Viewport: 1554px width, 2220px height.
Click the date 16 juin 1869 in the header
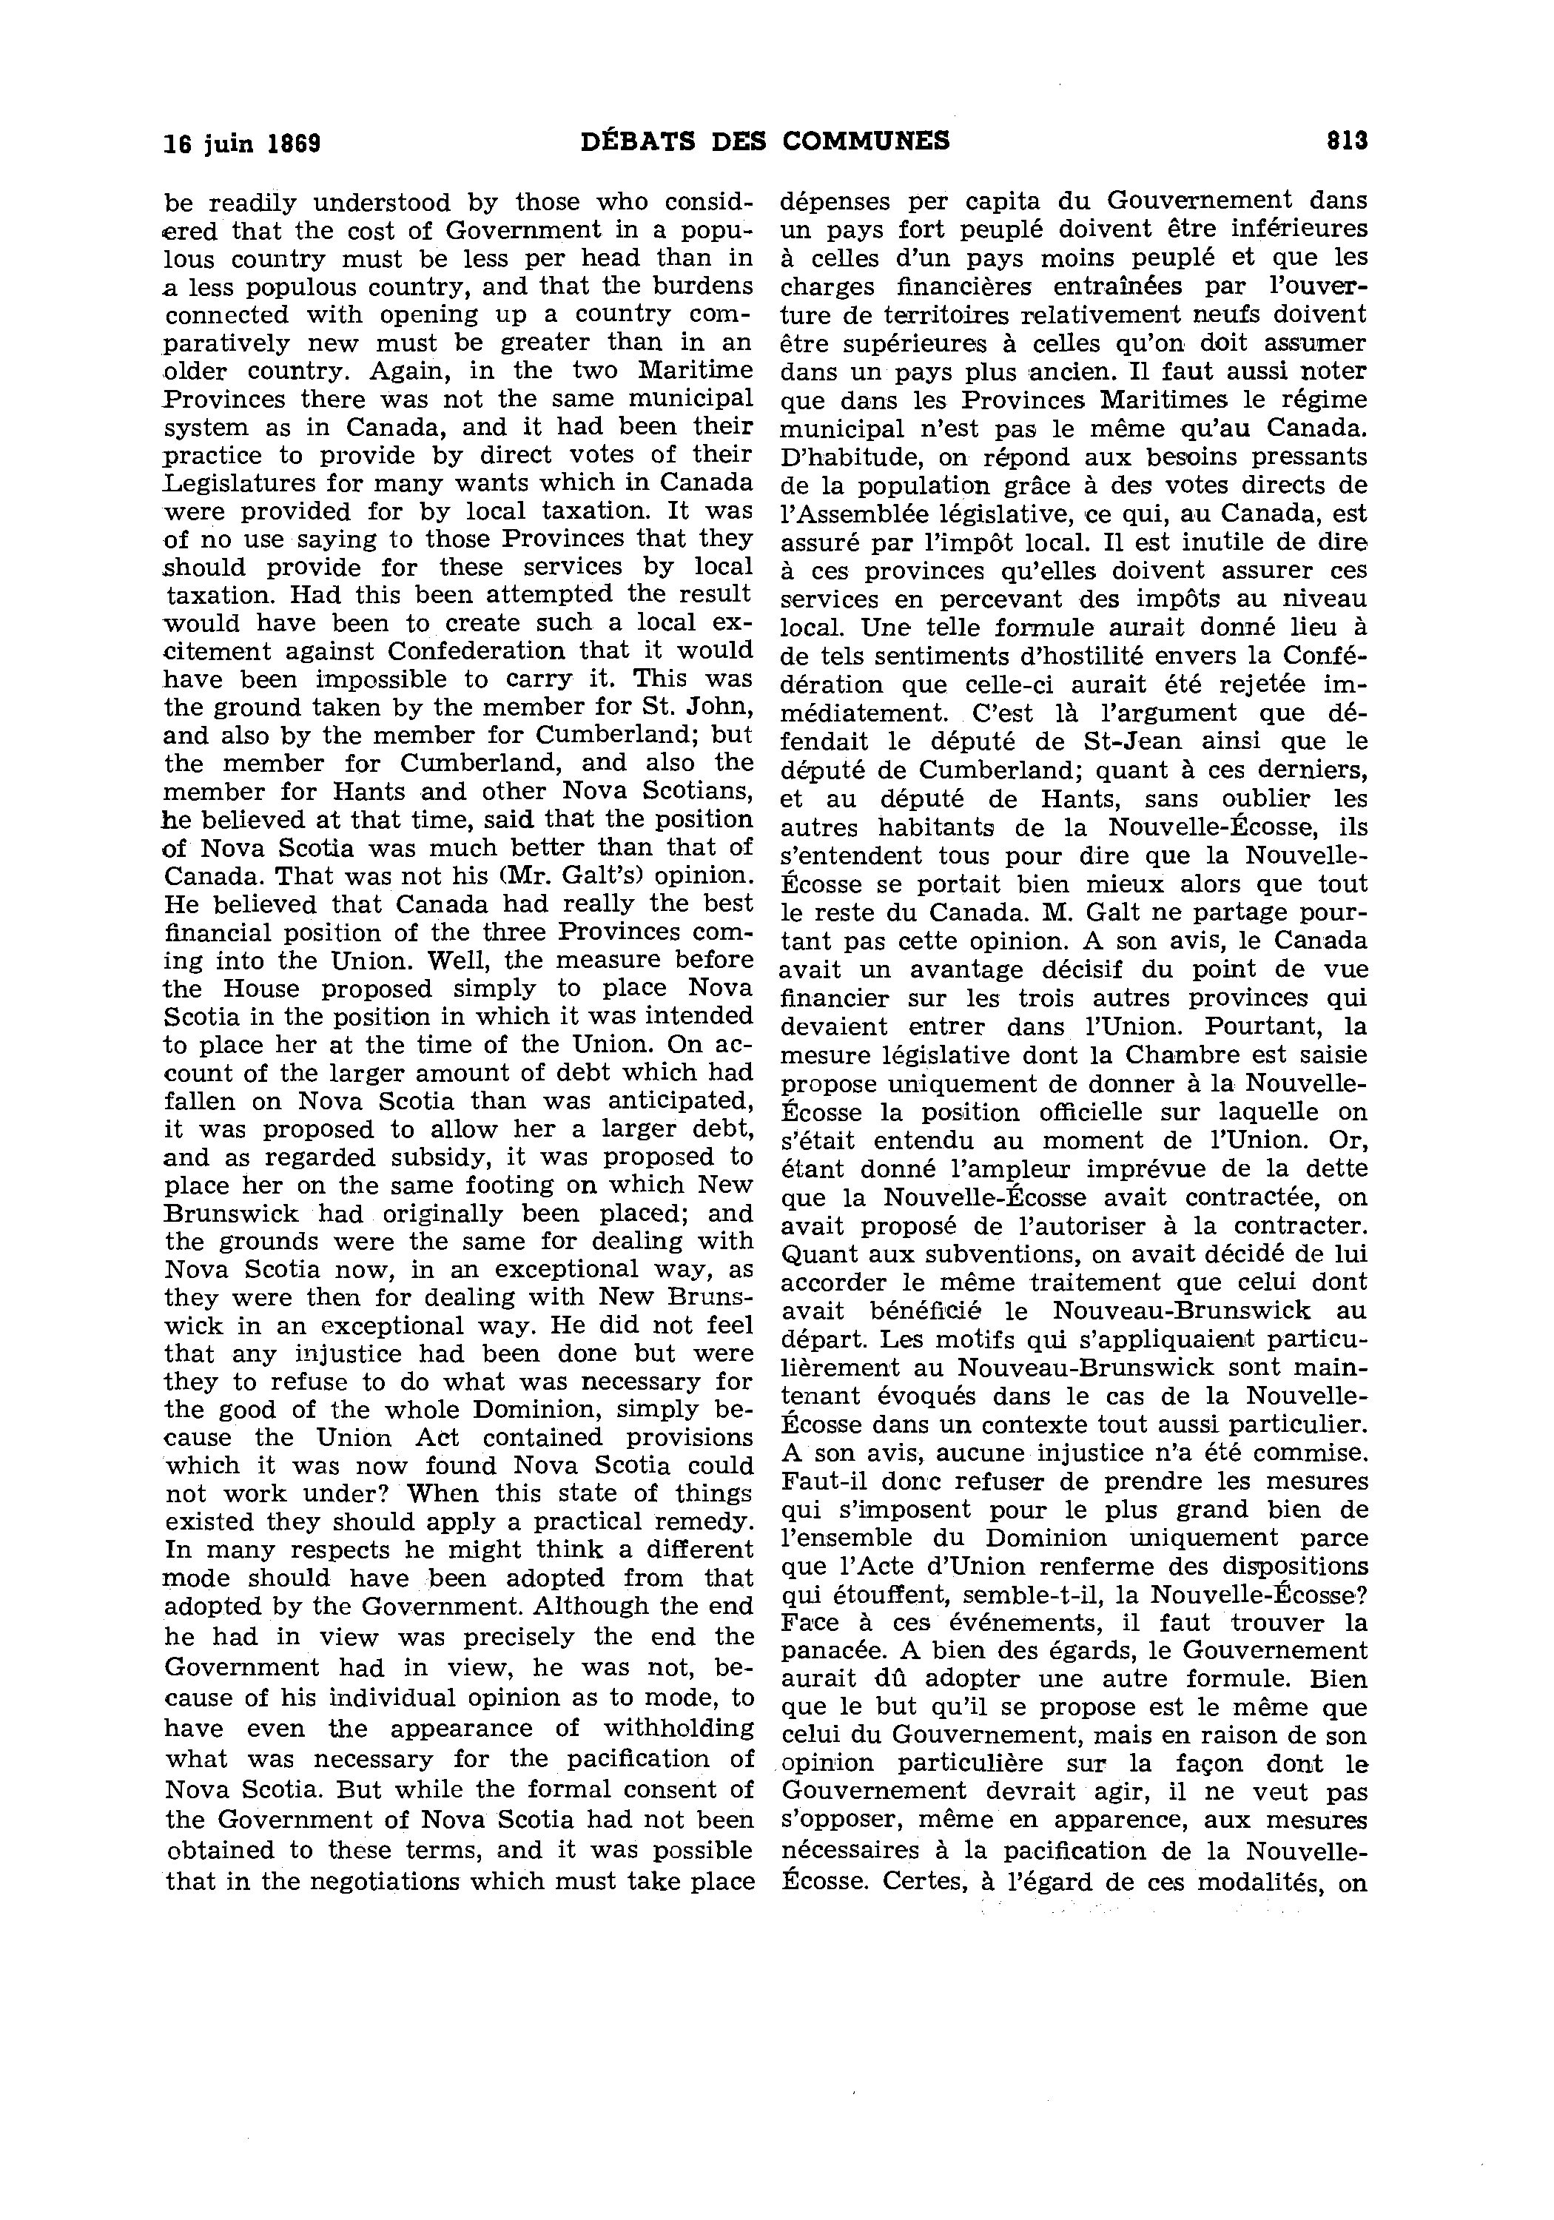tap(242, 143)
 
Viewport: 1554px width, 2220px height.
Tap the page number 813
tap(1346, 141)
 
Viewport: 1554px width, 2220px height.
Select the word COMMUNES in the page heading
tap(866, 141)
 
